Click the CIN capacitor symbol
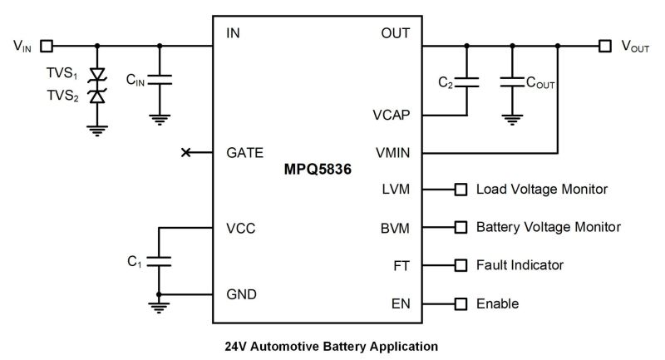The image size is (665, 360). pos(160,80)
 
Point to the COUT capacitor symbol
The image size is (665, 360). pos(513,81)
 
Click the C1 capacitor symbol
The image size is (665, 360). pos(160,261)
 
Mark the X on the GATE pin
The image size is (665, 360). pos(186,152)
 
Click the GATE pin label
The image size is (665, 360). pos(244,153)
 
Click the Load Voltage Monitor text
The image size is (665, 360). pos(541,190)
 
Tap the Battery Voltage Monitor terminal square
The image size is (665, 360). pos(460,227)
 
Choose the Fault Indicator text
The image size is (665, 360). pos(520,265)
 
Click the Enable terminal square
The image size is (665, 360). pos(460,303)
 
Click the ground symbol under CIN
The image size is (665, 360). pos(160,119)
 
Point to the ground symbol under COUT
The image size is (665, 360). pos(513,119)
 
